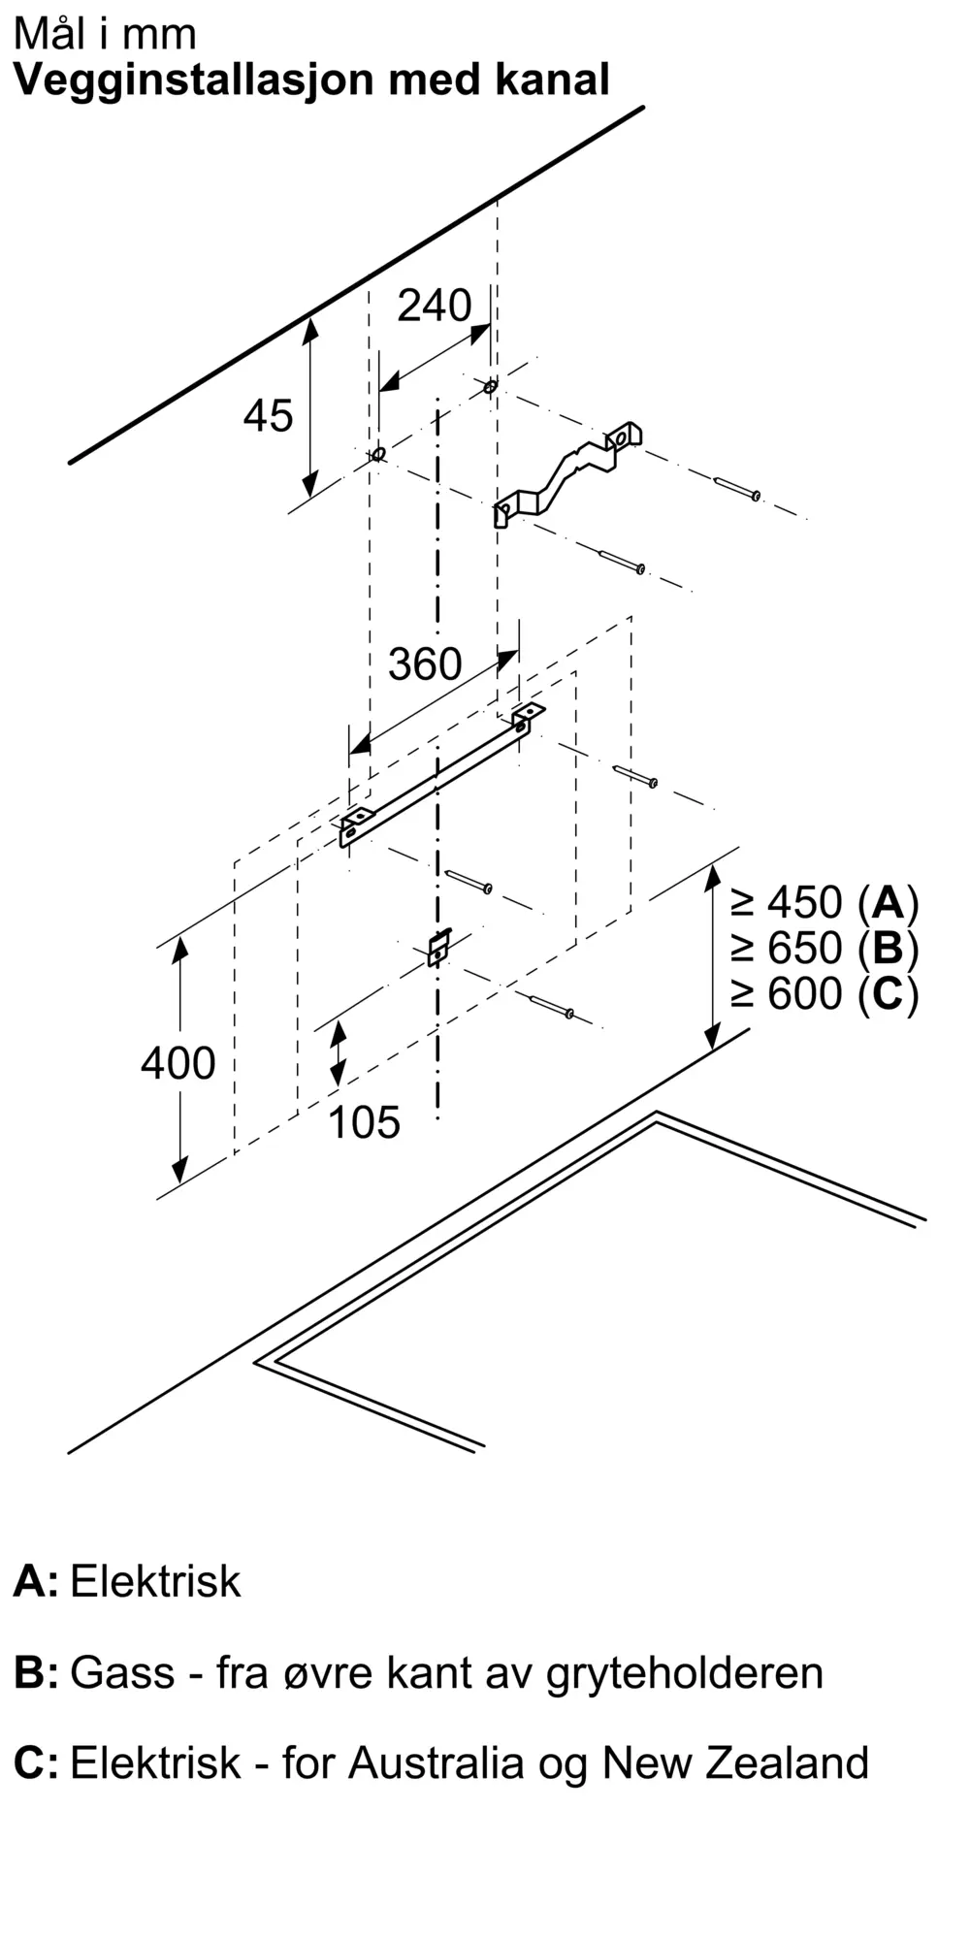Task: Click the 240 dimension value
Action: pos(435,306)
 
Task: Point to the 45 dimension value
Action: pos(268,416)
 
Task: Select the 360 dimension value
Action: pos(425,664)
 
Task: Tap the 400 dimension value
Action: pos(178,1063)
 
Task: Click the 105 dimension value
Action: pos(365,1122)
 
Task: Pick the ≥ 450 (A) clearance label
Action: pos(824,903)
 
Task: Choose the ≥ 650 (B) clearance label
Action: pos(824,948)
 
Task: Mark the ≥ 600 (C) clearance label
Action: pos(824,993)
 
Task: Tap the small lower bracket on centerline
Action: pos(439,947)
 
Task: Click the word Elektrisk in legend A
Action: pos(155,1581)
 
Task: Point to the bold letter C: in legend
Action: pos(36,1762)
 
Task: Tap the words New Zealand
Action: pos(735,1762)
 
